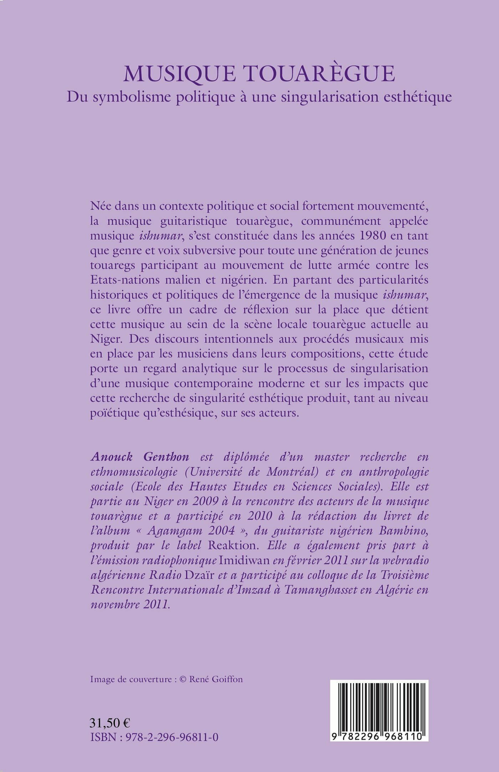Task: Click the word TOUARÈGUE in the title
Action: pyautogui.click(x=320, y=74)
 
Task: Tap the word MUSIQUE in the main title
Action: pyautogui.click(x=180, y=74)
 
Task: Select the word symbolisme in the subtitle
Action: pyautogui.click(x=134, y=97)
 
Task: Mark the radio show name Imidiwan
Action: pyautogui.click(x=245, y=561)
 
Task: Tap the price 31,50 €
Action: pyautogui.click(x=110, y=723)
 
